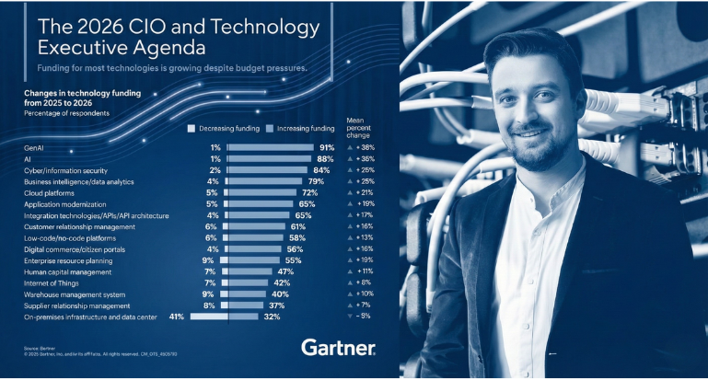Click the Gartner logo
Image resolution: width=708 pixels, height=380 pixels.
click(337, 348)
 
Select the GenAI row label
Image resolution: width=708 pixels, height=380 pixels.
click(35, 147)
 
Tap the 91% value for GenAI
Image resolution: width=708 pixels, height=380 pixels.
click(326, 147)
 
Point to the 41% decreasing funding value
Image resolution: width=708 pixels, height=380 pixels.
click(177, 317)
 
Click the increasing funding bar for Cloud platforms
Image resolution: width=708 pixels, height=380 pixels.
click(259, 192)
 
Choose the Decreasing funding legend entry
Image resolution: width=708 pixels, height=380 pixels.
click(224, 129)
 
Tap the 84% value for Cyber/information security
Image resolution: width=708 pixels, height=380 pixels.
click(321, 170)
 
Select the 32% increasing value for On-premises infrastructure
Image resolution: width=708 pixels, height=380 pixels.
click(272, 317)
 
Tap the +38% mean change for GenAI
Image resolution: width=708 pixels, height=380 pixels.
click(365, 147)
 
